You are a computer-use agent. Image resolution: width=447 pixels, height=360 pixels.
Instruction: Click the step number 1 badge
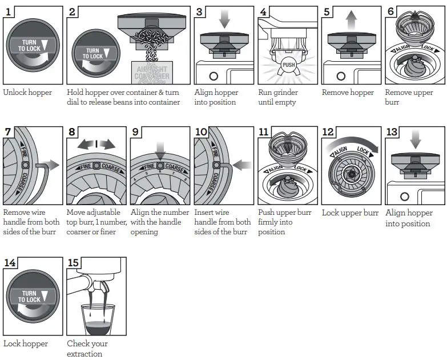click(10, 12)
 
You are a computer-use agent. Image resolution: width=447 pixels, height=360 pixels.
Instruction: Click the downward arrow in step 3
click(223, 19)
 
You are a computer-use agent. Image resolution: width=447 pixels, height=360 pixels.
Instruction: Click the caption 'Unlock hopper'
click(27, 93)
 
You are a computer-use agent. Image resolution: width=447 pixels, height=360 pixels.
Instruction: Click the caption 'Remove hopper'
click(348, 93)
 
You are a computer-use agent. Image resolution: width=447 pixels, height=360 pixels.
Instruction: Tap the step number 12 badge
click(328, 132)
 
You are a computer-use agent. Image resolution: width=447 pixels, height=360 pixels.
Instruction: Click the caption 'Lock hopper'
click(26, 343)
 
